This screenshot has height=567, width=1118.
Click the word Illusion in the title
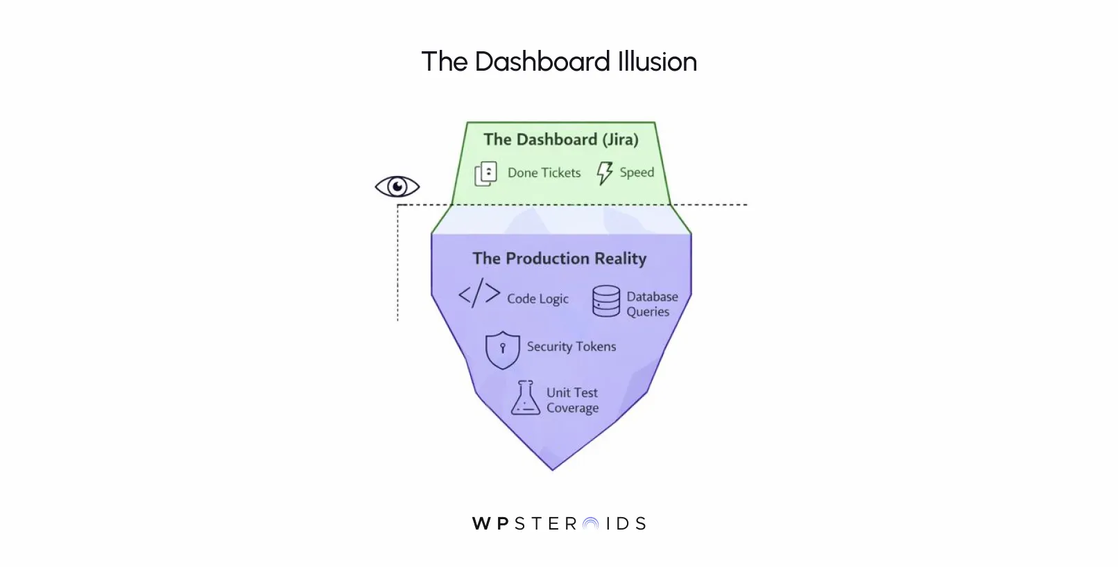pyautogui.click(x=657, y=62)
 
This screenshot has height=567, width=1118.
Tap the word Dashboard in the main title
pyautogui.click(x=542, y=62)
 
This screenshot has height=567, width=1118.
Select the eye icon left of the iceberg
pyautogui.click(x=397, y=186)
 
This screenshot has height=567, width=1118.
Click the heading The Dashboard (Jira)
pyautogui.click(x=560, y=139)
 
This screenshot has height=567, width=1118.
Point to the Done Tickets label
pyautogui.click(x=544, y=173)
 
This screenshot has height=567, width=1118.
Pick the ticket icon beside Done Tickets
pyautogui.click(x=485, y=173)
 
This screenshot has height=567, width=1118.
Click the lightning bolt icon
pyautogui.click(x=605, y=173)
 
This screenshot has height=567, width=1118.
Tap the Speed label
pyautogui.click(x=637, y=172)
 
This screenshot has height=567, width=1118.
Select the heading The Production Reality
pyautogui.click(x=559, y=259)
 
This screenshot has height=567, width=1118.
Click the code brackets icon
pyautogui.click(x=479, y=294)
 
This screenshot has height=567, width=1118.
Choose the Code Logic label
pyautogui.click(x=537, y=299)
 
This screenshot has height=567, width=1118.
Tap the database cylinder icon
pyautogui.click(x=606, y=302)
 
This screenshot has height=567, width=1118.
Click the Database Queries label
pyautogui.click(x=651, y=304)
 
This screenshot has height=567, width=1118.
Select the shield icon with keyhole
pyautogui.click(x=502, y=349)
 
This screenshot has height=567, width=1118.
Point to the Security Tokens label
pyautogui.click(x=571, y=347)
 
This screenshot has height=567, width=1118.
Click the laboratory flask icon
pyautogui.click(x=525, y=398)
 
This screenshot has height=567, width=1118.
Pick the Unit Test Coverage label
pyautogui.click(x=572, y=400)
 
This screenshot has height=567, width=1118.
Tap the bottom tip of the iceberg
pyautogui.click(x=553, y=468)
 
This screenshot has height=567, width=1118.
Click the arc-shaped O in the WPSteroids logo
pyautogui.click(x=590, y=524)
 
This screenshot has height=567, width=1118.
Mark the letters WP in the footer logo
pyautogui.click(x=491, y=523)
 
